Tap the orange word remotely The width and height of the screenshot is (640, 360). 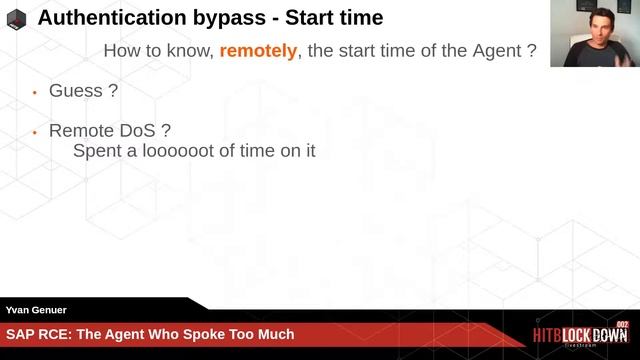click(x=258, y=50)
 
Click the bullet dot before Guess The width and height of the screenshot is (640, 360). click(x=34, y=91)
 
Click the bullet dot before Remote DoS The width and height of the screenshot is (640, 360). click(x=34, y=132)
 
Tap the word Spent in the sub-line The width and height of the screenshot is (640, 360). click(x=96, y=152)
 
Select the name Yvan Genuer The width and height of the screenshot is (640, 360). click(x=35, y=311)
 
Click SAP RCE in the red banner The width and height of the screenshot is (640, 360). click(x=35, y=334)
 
